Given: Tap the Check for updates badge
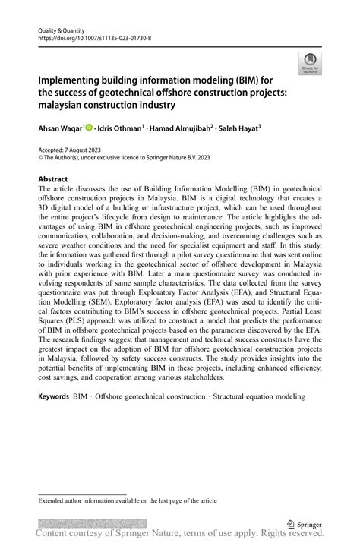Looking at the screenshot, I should [x=308, y=64].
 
